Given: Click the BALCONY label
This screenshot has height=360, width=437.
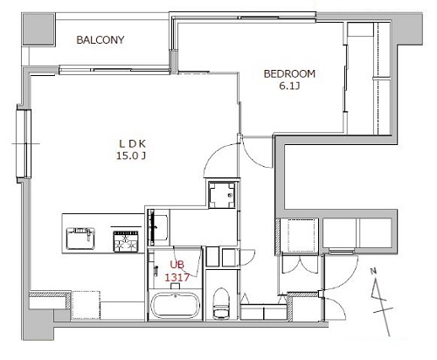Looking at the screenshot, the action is pyautogui.click(x=101, y=39).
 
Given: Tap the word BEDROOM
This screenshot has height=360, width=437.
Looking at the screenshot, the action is pyautogui.click(x=289, y=73).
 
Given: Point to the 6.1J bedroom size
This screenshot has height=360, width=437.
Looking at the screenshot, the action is pyautogui.click(x=289, y=86).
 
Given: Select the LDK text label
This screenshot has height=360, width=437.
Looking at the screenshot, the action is pyautogui.click(x=133, y=143).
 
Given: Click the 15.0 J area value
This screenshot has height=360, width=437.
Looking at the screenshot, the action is pyautogui.click(x=131, y=156).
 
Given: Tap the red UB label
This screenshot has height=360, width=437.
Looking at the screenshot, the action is pyautogui.click(x=177, y=265).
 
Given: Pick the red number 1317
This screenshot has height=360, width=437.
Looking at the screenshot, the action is pyautogui.click(x=177, y=277).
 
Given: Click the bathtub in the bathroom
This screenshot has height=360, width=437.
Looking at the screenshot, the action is pyautogui.click(x=175, y=305).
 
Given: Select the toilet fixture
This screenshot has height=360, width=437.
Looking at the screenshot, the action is pyautogui.click(x=221, y=303).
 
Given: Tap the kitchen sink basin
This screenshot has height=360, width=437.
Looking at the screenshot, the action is pyautogui.click(x=80, y=239).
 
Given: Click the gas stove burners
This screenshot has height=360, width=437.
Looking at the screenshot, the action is pyautogui.click(x=126, y=241).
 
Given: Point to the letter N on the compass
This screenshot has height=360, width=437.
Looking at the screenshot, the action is pyautogui.click(x=373, y=272).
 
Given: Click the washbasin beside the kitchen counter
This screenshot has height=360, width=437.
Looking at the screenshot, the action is pyautogui.click(x=157, y=227).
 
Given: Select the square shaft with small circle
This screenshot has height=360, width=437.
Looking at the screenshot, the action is pyautogui.click(x=222, y=195).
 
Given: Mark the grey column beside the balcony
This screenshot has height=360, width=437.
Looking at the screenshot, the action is pyautogui.click(x=39, y=29).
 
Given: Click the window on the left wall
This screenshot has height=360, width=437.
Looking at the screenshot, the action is pyautogui.click(x=24, y=143).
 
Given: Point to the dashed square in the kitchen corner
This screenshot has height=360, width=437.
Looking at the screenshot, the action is pyautogui.click(x=86, y=305).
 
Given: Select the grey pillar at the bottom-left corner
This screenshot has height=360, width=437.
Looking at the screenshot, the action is pyautogui.click(x=38, y=324).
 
